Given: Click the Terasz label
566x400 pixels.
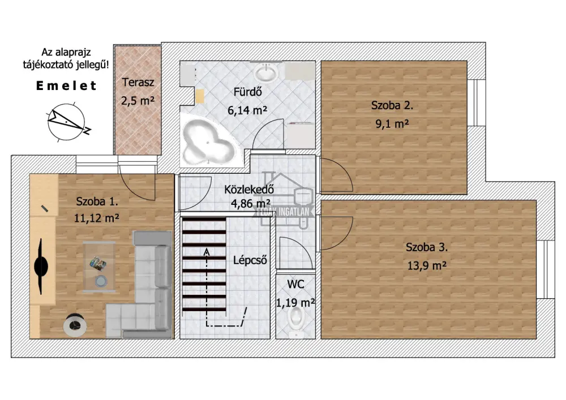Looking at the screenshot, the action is (x=138, y=82).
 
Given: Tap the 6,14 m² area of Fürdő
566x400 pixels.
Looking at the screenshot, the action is (x=247, y=110).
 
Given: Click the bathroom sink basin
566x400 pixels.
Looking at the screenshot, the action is (x=267, y=72).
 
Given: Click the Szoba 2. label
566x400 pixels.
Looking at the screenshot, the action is (x=392, y=105).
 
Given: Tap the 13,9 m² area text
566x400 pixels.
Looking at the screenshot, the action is (x=427, y=266).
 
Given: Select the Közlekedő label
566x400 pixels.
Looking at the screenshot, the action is (x=249, y=190).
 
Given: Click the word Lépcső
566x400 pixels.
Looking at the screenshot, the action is (x=250, y=260).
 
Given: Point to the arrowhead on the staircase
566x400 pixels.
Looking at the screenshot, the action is (x=207, y=252).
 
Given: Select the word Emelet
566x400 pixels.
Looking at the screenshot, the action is (x=66, y=86).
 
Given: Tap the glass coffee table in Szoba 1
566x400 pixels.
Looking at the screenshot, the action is (x=99, y=266).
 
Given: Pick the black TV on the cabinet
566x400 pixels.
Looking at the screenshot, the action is (x=40, y=266).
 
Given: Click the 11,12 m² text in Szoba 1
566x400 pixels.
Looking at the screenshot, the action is (x=97, y=218).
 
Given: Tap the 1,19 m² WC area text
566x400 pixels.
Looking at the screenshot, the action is (x=295, y=303).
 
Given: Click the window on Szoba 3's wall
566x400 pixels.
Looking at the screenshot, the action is (x=546, y=269).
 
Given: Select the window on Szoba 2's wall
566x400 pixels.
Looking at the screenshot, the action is (x=477, y=102).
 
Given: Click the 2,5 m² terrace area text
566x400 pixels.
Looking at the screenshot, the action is (x=138, y=101).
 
